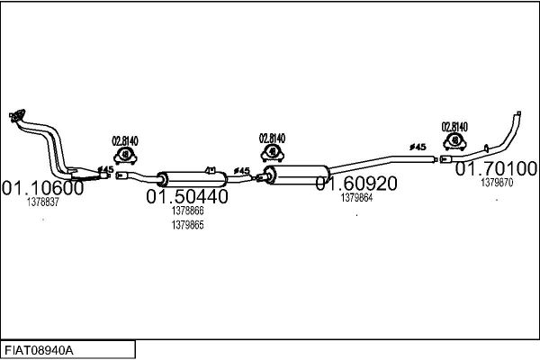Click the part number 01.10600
point(42,188)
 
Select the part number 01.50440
point(187,196)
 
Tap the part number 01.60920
point(356,184)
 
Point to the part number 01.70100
point(496,168)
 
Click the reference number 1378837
point(43,202)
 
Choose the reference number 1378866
point(188,211)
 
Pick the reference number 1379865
point(188,225)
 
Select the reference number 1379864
point(356,198)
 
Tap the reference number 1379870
point(497,182)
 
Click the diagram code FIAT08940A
point(39,351)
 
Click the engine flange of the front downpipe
point(17,115)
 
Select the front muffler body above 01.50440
point(193,179)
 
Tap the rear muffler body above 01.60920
point(296,175)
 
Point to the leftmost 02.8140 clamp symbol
point(125,156)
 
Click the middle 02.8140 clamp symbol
point(273,153)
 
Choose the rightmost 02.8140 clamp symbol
point(454,141)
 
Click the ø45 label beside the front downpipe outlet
point(105,169)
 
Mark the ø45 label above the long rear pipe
point(418,147)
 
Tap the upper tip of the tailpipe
point(518,113)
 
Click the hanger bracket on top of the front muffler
point(210,170)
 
